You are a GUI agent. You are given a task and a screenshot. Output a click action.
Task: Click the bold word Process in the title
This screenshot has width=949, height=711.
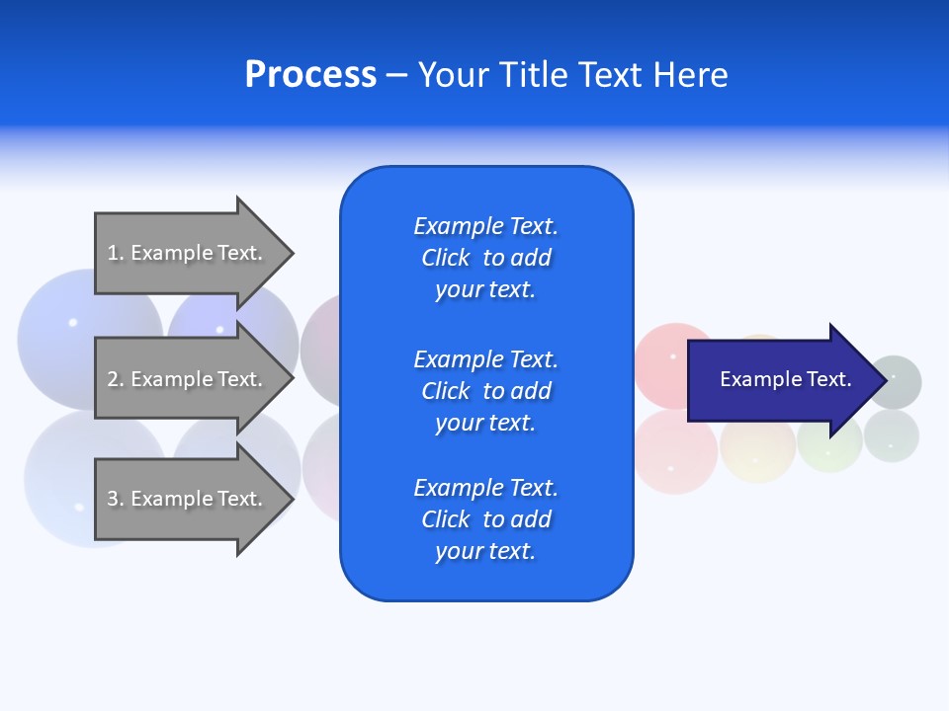tap(310, 75)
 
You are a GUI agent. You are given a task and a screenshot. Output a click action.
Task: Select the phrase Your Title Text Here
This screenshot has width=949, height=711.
tap(572, 75)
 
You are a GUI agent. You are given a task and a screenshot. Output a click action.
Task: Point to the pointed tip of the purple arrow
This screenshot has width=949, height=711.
tap(884, 380)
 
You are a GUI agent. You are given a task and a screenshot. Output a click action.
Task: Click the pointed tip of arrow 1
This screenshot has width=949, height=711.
tap(291, 253)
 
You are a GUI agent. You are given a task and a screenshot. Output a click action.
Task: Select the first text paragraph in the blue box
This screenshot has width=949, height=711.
tap(485, 258)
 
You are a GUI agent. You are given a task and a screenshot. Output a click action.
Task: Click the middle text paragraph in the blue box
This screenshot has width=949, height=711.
tap(485, 391)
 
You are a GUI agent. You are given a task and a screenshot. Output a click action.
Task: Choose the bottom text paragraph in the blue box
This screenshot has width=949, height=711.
tap(485, 519)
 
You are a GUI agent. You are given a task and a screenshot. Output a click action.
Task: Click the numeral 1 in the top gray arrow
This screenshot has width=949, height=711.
tap(112, 253)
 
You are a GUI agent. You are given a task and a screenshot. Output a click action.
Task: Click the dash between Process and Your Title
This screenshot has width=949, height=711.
tap(396, 75)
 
